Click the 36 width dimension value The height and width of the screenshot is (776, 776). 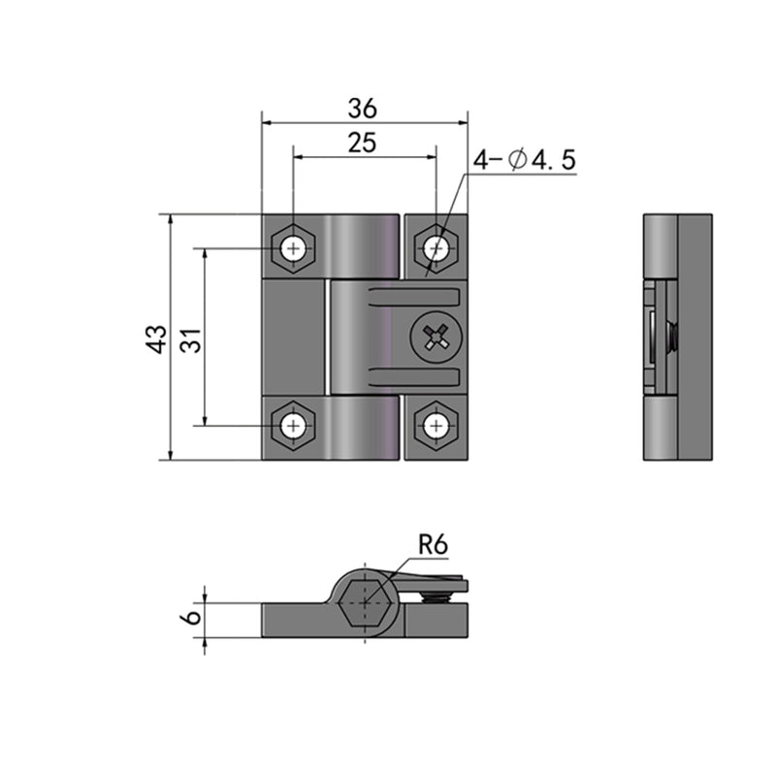pos(364,108)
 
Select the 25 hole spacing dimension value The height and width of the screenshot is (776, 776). pos(362,143)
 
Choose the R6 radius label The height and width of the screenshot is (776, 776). pos(434,545)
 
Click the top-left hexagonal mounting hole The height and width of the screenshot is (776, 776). pos(293,249)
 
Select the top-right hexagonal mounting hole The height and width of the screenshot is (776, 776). pos(436,249)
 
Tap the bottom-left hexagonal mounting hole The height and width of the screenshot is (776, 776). pos(293,425)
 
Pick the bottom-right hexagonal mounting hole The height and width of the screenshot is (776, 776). pos(436,425)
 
